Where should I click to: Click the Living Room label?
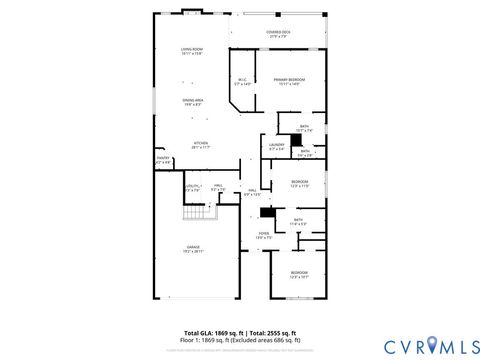tap(191, 51)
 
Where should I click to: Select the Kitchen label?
tap(201, 144)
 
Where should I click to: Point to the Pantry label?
tap(162, 158)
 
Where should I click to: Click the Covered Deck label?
tap(279, 33)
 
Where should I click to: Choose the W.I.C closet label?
tap(242, 82)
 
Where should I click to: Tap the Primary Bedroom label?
tap(290, 81)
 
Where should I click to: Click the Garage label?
tap(192, 249)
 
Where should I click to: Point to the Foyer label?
tap(262, 235)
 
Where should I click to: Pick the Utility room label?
tap(193, 187)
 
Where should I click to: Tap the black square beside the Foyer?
tap(266, 212)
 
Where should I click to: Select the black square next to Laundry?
tap(295, 142)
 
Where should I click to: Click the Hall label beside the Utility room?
tap(218, 187)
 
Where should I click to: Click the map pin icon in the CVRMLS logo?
tap(433, 345)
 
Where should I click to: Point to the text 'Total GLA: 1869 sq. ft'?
tap(212, 332)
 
